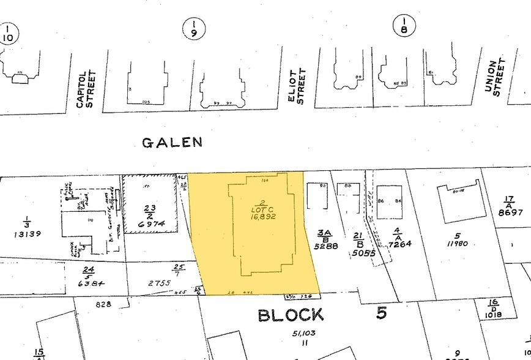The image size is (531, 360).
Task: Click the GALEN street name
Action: pos(172,143)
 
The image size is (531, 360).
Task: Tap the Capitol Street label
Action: pos(86,89)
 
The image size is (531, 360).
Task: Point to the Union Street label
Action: pos(493,77)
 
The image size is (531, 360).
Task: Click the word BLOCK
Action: pos(291,315)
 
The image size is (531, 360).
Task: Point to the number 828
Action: pos(104,304)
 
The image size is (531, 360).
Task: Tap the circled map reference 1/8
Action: pos(404,25)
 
